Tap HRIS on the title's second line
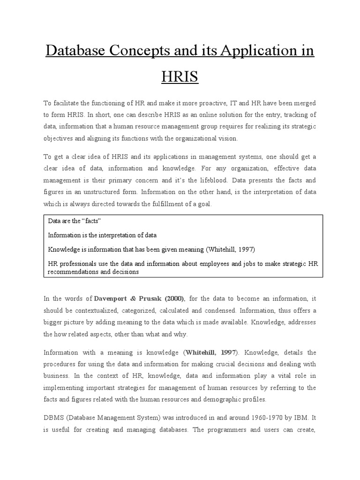(x=180, y=76)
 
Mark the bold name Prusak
(x=156, y=299)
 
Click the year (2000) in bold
(x=175, y=299)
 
